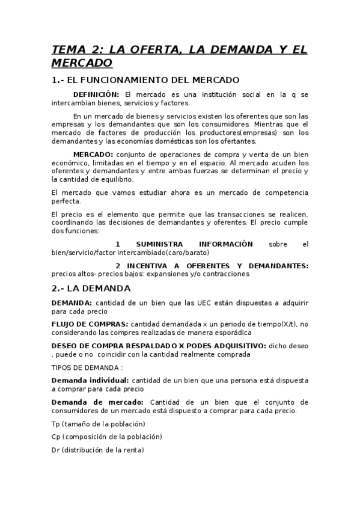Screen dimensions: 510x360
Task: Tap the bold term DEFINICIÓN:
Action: coord(96,94)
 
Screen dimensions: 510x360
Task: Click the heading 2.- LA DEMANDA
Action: coord(91,288)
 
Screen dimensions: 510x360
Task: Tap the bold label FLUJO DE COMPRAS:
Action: coord(90,324)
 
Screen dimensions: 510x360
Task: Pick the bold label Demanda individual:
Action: coord(90,380)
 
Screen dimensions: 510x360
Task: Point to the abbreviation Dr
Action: coord(56,450)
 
